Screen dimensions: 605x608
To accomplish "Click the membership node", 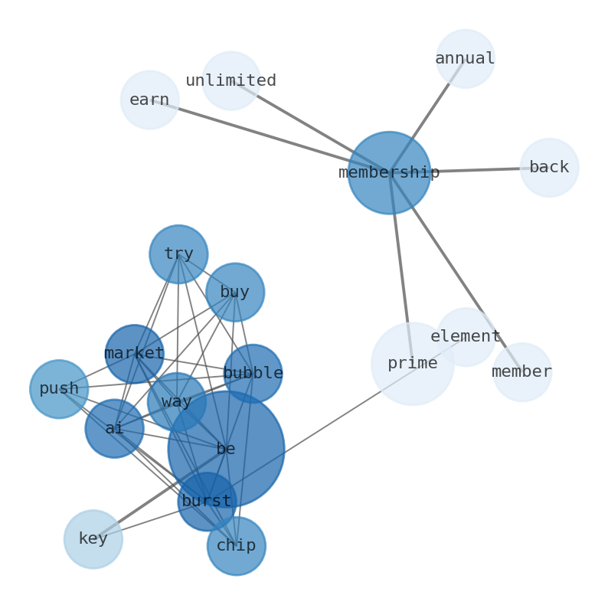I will tap(389, 172).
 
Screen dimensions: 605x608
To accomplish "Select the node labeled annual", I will tap(465, 59).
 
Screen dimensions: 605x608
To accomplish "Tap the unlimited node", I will tap(230, 80).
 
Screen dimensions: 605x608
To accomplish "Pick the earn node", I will tap(149, 100).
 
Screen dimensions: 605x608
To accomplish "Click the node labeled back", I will tap(549, 167).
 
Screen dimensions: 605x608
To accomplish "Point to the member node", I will tap(521, 371).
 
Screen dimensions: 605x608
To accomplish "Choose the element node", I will tap(466, 336).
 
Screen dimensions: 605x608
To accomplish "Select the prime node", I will tap(412, 364).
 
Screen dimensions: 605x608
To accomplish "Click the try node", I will tap(178, 253).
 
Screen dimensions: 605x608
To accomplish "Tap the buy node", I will tap(235, 292).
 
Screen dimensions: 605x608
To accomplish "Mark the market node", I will tap(134, 353).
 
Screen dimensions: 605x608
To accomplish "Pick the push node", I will tap(59, 388).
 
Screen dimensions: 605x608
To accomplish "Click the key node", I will tap(93, 538).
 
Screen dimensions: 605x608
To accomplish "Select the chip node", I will tap(236, 545).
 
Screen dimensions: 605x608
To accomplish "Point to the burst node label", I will tap(206, 501).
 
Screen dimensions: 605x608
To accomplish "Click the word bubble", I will tap(253, 373).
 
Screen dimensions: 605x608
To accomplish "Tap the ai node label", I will tap(114, 428).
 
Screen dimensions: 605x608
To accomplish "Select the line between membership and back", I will tap(475, 169).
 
